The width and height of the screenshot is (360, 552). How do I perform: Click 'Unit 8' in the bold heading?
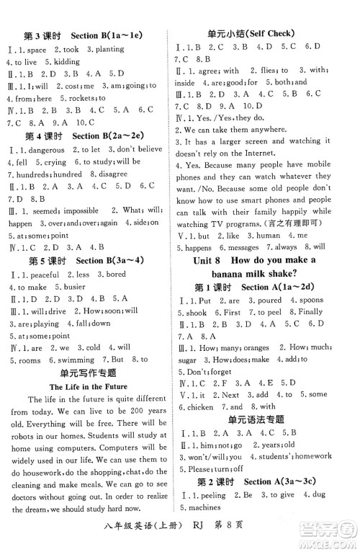[203, 260]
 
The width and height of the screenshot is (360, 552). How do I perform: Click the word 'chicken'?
[197, 406]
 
